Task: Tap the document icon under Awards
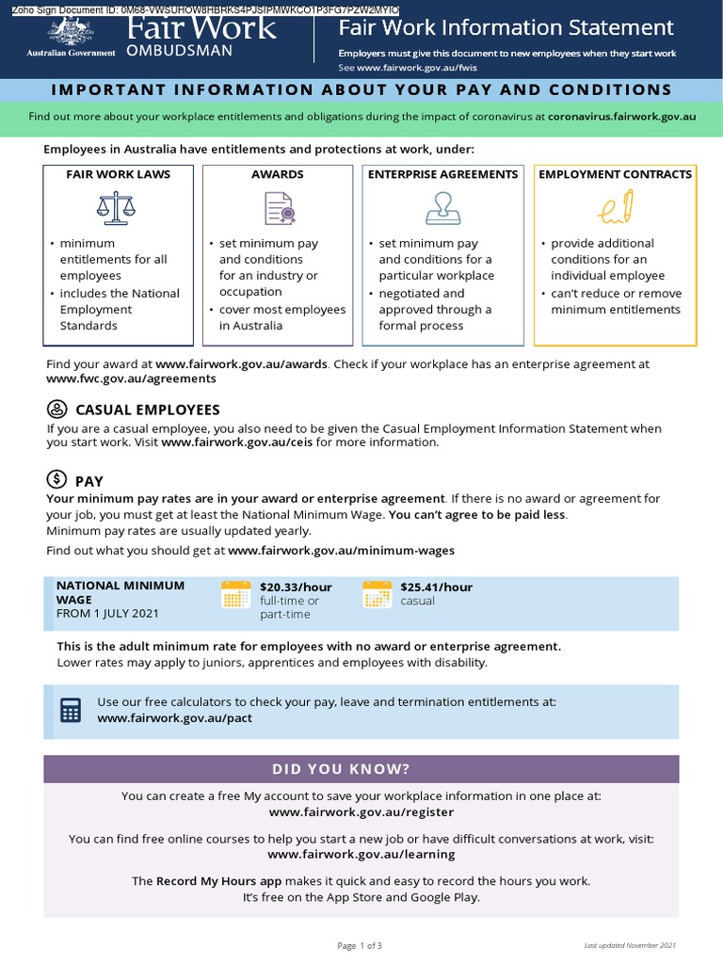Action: (x=278, y=207)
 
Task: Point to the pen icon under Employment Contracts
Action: (x=616, y=207)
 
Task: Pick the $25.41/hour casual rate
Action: (x=436, y=586)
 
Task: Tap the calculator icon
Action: (x=72, y=710)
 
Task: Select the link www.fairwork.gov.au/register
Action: (x=361, y=811)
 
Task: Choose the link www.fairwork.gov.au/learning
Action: (x=361, y=854)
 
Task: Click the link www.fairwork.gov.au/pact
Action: (x=174, y=717)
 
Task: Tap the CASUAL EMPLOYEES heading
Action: (x=147, y=410)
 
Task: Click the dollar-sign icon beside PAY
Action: (x=57, y=479)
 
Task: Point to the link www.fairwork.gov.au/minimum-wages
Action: (x=341, y=550)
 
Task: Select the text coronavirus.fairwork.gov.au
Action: (x=621, y=117)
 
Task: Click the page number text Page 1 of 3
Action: (x=360, y=945)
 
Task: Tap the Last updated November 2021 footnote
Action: (x=630, y=945)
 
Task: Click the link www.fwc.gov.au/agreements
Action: (x=131, y=378)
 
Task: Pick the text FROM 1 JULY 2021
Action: (x=107, y=613)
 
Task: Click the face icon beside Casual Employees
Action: (x=57, y=410)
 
